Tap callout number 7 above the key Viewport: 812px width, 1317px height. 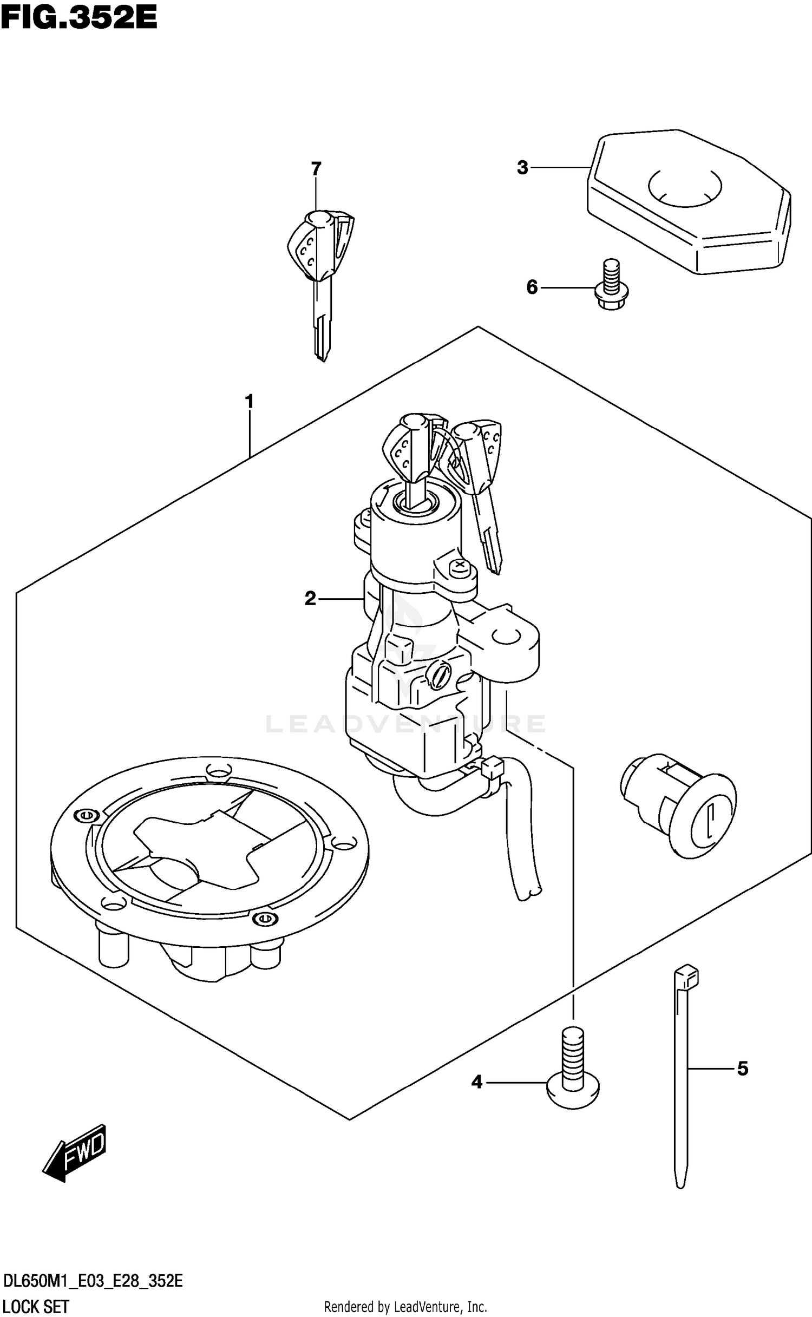[x=316, y=168]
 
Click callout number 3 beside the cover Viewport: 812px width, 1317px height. [x=522, y=168]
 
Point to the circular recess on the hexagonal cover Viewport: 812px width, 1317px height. [x=685, y=187]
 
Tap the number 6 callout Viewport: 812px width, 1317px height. [x=532, y=287]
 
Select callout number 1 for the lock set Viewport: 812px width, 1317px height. [x=249, y=402]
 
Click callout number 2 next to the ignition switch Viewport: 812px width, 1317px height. [x=310, y=599]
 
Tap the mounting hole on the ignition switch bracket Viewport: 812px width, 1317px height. [x=506, y=637]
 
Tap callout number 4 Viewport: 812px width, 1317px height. [x=476, y=1082]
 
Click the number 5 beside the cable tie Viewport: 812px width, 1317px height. [x=742, y=1069]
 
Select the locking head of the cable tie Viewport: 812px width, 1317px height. [x=686, y=976]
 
